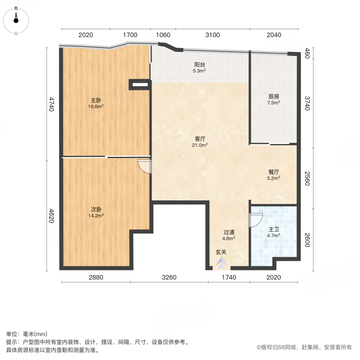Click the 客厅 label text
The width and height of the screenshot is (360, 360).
200,139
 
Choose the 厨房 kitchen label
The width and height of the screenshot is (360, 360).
274,96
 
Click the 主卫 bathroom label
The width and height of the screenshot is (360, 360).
274,229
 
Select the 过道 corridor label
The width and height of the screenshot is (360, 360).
229,232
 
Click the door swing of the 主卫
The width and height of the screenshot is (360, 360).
255,220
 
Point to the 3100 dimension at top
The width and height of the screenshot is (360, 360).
212,35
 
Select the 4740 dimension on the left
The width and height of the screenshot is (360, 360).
51,104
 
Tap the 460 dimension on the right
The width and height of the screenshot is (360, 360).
307,53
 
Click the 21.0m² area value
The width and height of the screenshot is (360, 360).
200,145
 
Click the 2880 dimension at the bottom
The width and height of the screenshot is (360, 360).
96,277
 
